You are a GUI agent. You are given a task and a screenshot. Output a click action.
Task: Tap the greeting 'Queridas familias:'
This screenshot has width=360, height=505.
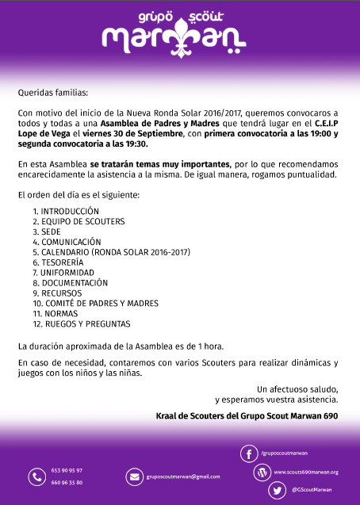53,92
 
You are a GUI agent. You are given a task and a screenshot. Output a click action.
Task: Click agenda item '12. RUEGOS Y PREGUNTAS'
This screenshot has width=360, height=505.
82,323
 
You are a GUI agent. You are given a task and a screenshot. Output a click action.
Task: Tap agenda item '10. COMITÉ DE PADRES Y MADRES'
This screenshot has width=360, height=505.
95,303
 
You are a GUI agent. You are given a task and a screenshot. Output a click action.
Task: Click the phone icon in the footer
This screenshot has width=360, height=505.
36,476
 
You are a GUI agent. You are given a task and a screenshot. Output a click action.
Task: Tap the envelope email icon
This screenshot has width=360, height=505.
133,476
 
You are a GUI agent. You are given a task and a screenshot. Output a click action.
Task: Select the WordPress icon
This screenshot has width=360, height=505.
261,472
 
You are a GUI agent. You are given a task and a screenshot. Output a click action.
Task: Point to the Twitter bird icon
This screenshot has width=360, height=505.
278,491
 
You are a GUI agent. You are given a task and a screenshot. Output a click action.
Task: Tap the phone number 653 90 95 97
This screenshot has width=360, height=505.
67,470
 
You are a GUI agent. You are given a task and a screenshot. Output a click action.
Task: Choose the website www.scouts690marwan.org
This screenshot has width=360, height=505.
306,472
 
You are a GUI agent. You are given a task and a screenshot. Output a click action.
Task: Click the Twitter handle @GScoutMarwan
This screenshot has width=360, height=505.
312,491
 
